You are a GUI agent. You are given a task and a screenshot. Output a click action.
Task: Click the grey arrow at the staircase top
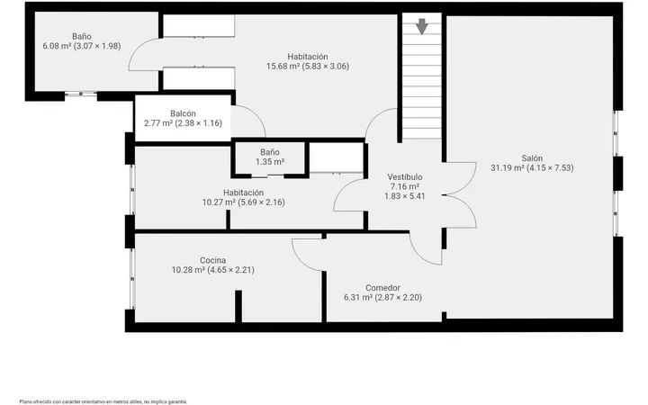coord(421,26)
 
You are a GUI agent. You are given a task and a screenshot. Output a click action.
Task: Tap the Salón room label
coord(532,158)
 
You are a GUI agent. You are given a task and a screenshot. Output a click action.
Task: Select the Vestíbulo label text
coord(405,177)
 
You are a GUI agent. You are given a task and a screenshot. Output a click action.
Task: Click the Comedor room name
coord(382,288)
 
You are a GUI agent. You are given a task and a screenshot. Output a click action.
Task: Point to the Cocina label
coord(212,260)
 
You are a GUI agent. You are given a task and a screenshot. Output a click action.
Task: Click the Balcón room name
coord(183,113)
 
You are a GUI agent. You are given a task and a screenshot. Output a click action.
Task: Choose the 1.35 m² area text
coord(270,162)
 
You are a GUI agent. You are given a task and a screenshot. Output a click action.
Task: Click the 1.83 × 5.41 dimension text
coord(405,196)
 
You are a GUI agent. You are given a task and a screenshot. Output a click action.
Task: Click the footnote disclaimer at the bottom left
coord(103,401)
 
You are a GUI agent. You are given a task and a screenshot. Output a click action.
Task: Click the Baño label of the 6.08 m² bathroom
coord(82,36)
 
